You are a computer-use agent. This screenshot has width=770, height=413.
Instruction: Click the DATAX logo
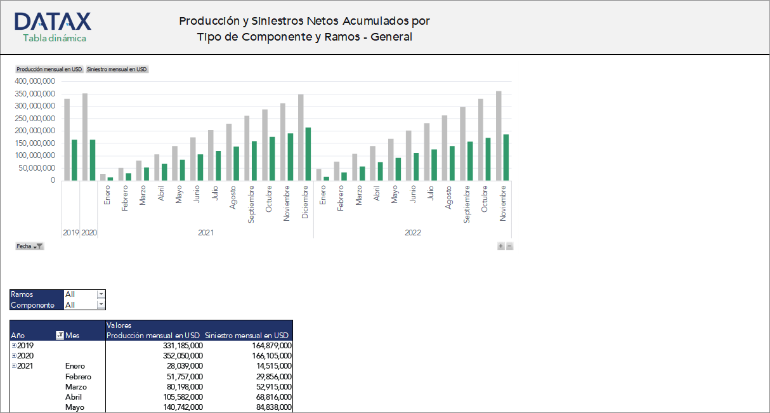pos(53,27)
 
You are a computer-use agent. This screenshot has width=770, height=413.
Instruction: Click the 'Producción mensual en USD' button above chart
pos(49,69)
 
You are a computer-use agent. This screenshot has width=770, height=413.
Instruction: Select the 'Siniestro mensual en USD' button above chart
pos(117,69)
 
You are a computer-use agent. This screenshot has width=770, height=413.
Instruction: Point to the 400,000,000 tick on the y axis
pos(36,81)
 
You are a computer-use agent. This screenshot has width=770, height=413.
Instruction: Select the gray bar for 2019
pos(67,140)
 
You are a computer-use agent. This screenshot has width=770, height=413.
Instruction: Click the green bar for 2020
pos(92,160)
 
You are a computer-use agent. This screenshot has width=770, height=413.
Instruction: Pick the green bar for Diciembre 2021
pos(308,154)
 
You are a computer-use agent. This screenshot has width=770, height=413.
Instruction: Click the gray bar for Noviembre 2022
pos(499,136)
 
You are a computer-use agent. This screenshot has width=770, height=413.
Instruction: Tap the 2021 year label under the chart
pos(206,233)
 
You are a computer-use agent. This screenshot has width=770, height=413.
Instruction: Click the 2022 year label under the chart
pos(412,233)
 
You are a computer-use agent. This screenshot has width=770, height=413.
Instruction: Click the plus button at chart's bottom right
pos(500,246)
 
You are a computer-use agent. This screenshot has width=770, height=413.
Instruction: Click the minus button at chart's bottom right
pos(509,246)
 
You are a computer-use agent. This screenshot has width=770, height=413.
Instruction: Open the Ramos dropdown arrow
pos(100,294)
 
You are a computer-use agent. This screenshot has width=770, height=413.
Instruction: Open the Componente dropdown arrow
pos(100,305)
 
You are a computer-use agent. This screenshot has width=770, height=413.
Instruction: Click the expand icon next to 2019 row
pos(14,346)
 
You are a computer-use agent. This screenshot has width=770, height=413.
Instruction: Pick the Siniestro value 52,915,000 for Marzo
pos(270,387)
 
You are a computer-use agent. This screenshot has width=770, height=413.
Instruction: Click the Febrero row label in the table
pos(78,377)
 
